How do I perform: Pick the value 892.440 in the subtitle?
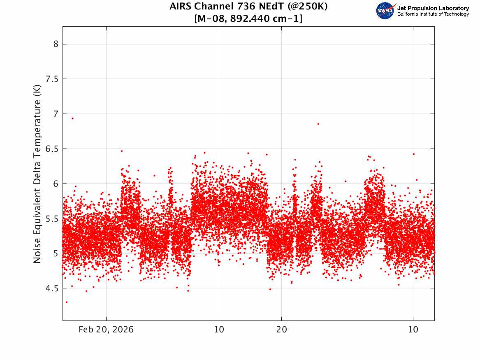248,19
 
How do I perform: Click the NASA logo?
385,11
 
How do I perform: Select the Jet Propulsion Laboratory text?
433,8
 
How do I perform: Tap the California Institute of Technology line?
433,14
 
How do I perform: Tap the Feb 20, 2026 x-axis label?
106,330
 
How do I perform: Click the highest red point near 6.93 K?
72,118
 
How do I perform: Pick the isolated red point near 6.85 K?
318,124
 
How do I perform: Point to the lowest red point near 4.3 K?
67,302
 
